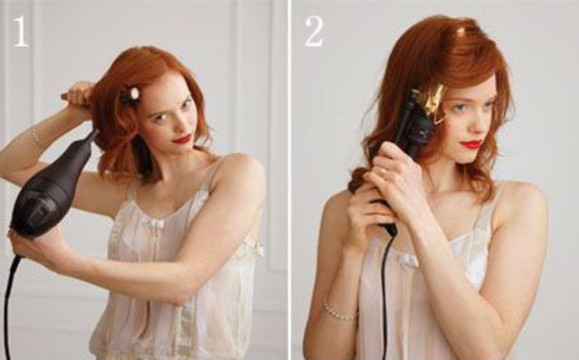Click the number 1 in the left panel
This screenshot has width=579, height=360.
point(21,32)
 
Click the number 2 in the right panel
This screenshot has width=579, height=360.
point(314,32)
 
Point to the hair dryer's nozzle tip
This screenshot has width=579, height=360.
point(94,136)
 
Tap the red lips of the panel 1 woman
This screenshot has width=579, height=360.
point(183,139)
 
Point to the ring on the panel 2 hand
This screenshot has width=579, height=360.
point(384,171)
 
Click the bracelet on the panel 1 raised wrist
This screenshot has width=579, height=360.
point(36,136)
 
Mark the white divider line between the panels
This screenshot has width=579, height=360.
point(289,180)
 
